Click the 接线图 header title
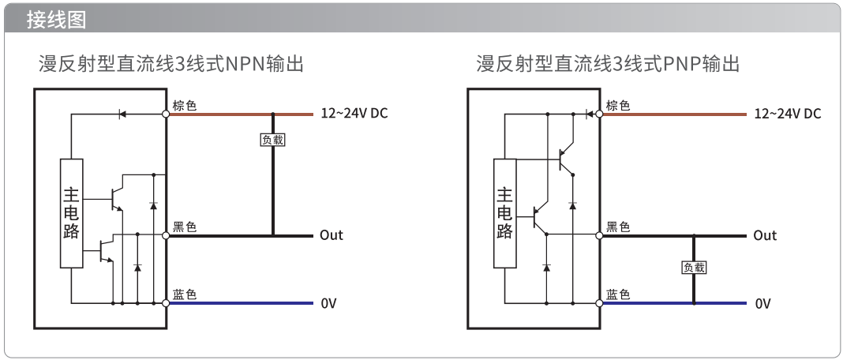(x=57, y=20)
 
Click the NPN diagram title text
(x=171, y=63)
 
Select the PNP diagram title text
(x=608, y=63)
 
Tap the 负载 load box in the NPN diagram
(x=272, y=140)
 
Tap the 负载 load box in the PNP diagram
(x=694, y=267)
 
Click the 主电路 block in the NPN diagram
(x=72, y=213)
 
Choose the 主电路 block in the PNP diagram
(x=505, y=213)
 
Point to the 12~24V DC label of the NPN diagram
(x=354, y=114)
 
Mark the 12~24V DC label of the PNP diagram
(x=788, y=114)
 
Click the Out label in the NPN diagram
(x=332, y=235)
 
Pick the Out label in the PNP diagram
(x=765, y=235)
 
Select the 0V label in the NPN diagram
(x=328, y=303)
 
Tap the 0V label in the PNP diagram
(x=762, y=303)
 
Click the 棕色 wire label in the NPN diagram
(x=185, y=105)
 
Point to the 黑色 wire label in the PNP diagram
(x=618, y=227)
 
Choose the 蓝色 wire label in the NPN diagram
(x=185, y=294)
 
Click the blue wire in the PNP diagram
(x=674, y=303)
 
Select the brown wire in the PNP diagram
(x=674, y=114)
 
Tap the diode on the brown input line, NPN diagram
(x=122, y=114)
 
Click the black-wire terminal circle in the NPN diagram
(x=166, y=236)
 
